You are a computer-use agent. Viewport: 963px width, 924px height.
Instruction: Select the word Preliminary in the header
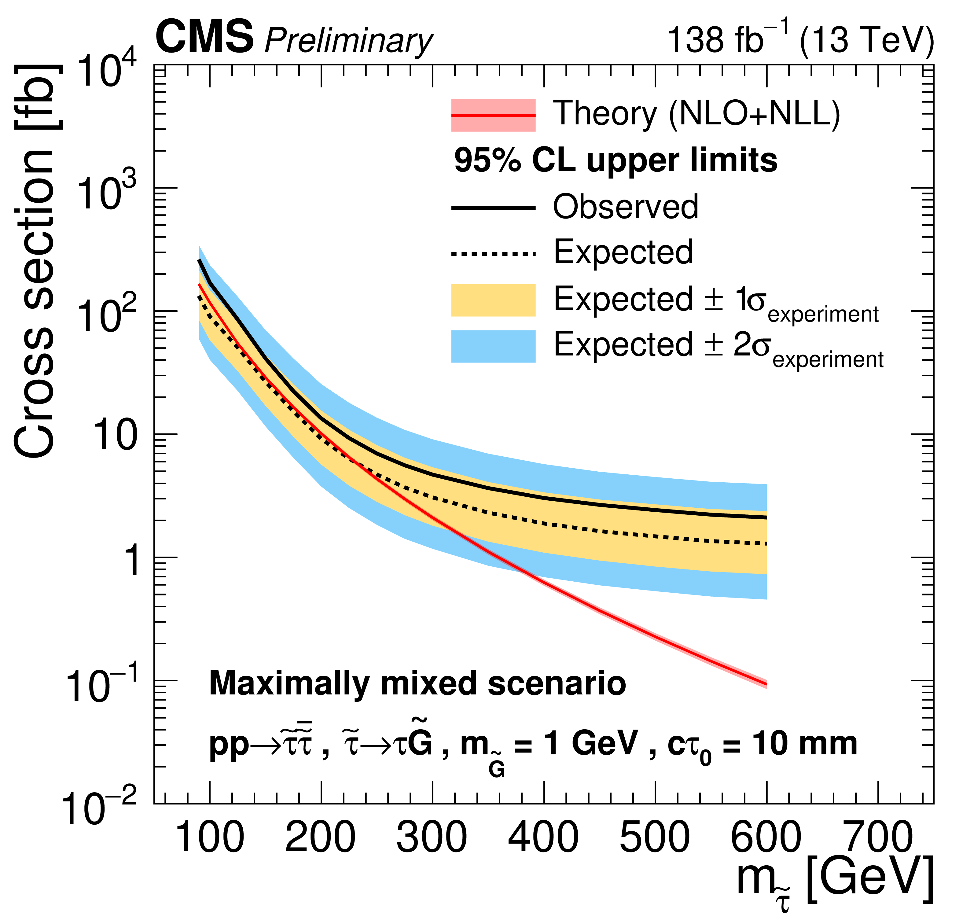(x=348, y=40)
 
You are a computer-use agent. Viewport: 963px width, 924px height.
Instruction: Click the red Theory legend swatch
(x=493, y=116)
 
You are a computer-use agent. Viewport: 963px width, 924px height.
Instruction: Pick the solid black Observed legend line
(x=493, y=208)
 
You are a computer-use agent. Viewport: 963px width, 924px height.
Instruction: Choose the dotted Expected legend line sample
(x=493, y=254)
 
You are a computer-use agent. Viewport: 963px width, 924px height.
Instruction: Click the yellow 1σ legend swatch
(x=493, y=300)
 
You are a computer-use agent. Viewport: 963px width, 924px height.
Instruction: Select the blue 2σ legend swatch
(x=493, y=346)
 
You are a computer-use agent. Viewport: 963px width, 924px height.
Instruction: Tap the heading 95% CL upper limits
(x=616, y=161)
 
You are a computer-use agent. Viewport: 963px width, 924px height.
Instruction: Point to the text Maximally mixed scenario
(x=418, y=684)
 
